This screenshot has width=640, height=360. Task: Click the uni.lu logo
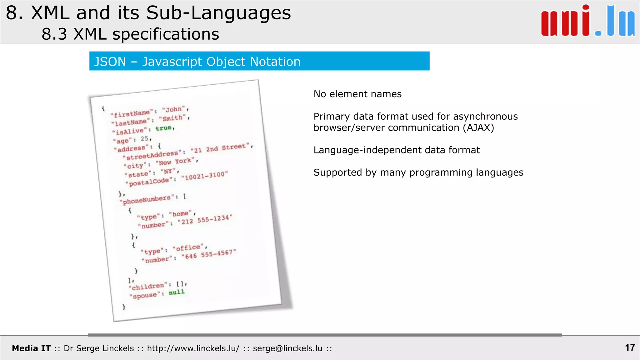(588, 21)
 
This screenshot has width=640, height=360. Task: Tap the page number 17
(630, 347)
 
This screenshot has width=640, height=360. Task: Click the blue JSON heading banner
(259, 61)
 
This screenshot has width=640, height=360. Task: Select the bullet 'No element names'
(357, 94)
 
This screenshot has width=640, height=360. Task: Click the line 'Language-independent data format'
(396, 150)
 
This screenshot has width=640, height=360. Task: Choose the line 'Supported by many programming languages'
(418, 172)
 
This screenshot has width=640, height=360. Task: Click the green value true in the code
(164, 128)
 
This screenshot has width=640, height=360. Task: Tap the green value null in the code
(177, 292)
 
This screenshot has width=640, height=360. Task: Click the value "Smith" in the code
(172, 118)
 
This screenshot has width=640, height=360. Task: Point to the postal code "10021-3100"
(205, 176)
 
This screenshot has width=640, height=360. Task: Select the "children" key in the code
(148, 286)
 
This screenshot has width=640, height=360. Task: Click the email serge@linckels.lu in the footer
(287, 348)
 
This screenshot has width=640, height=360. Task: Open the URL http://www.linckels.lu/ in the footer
(193, 348)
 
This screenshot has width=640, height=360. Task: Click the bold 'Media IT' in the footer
(31, 348)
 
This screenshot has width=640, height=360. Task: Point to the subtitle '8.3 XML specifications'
(130, 34)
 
